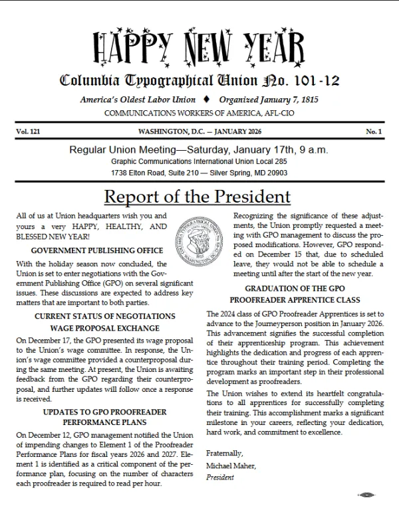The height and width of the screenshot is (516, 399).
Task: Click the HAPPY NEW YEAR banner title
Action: click(x=199, y=47)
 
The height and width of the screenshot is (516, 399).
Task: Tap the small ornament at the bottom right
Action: click(x=367, y=495)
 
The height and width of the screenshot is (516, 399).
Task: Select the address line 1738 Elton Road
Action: click(x=199, y=173)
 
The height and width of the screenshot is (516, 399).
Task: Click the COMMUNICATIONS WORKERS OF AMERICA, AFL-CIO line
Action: click(x=199, y=113)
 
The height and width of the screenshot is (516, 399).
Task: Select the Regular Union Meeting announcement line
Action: click(x=199, y=149)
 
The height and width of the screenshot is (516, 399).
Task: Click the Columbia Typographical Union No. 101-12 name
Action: click(x=199, y=82)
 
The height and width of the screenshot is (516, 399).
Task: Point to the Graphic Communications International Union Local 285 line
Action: click(x=199, y=161)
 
